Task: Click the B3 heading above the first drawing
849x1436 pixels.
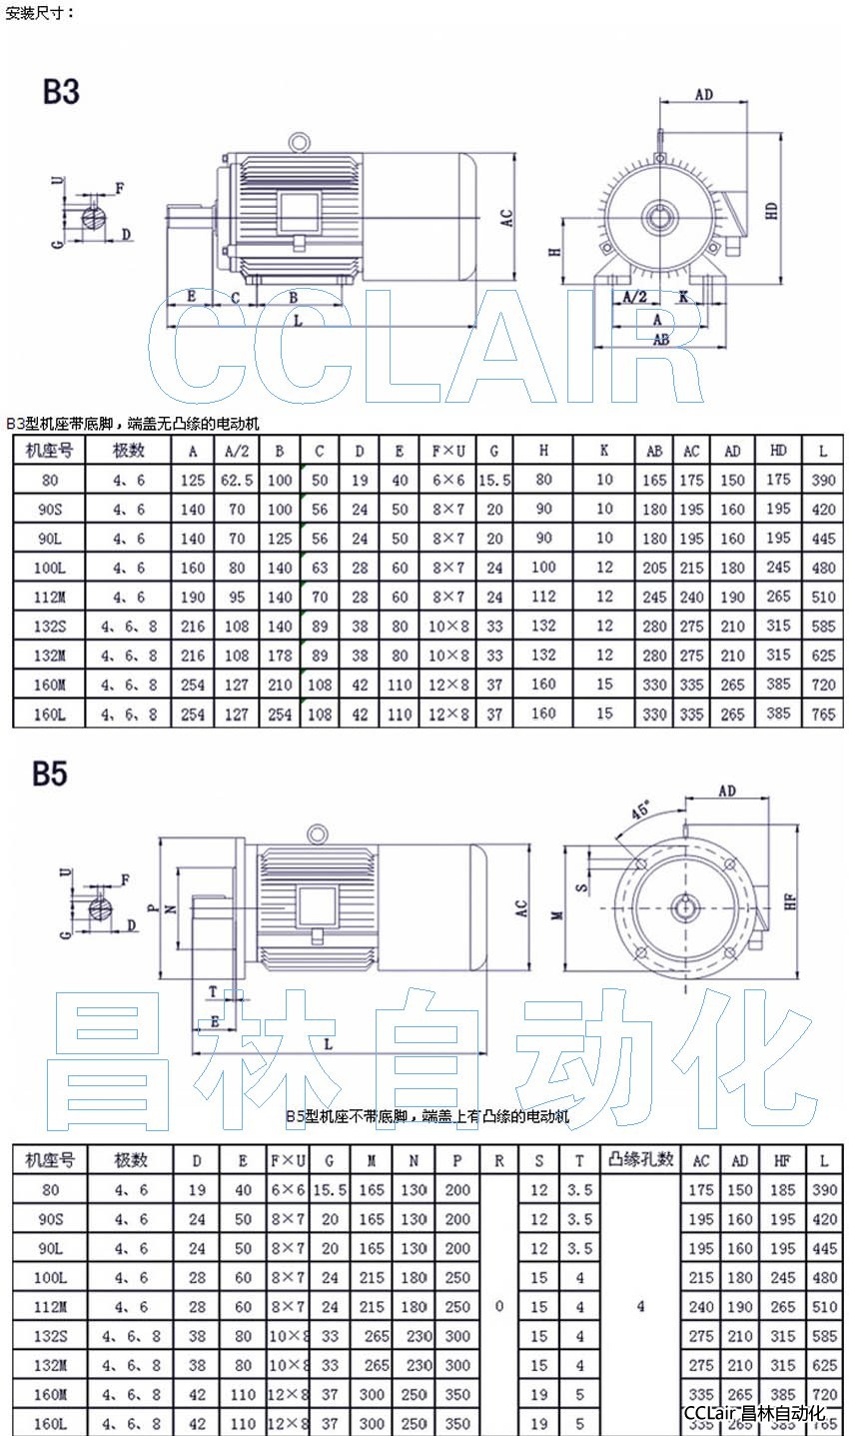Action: point(60,92)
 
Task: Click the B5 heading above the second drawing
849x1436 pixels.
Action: point(49,773)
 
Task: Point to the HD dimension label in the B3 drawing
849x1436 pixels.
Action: point(771,211)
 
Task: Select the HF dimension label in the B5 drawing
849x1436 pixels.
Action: point(789,901)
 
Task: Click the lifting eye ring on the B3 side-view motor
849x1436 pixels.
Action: point(298,143)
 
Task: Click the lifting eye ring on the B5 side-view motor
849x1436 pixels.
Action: point(318,832)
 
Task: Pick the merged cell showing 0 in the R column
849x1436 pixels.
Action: point(498,1306)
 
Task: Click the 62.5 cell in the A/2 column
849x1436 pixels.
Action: point(237,481)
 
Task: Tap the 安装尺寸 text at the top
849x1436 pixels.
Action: point(40,13)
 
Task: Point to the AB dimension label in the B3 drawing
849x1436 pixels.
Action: point(660,340)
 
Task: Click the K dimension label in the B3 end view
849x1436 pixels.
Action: point(682,297)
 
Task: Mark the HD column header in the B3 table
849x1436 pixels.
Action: point(778,451)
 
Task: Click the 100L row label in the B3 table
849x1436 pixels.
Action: point(50,568)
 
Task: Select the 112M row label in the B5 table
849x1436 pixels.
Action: point(50,1306)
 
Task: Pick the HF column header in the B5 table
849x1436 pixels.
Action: point(782,1160)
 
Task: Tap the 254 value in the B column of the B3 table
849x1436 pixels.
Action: point(280,714)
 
